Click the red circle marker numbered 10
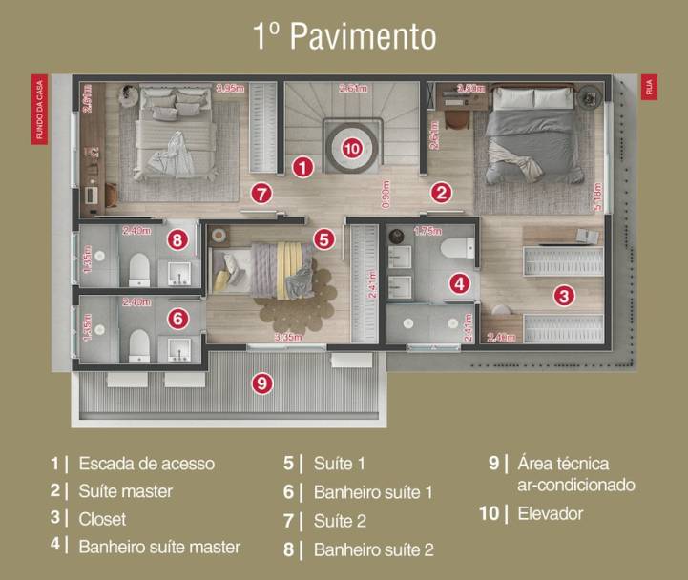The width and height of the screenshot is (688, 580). [x=352, y=148]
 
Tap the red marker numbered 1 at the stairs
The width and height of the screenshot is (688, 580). [x=302, y=167]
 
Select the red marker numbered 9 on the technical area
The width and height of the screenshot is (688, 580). [x=261, y=383]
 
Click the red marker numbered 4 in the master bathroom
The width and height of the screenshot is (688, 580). [x=460, y=282]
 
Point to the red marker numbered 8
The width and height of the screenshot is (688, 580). [x=177, y=239]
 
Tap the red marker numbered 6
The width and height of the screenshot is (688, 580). [x=177, y=318]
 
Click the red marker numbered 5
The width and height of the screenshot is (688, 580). [x=324, y=239]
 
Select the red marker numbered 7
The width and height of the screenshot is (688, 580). [x=262, y=194]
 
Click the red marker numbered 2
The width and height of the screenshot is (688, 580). [x=440, y=192]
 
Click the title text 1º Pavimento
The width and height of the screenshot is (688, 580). [x=344, y=36]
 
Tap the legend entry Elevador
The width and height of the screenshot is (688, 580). [x=550, y=514]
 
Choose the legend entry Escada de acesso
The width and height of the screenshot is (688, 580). [x=146, y=464]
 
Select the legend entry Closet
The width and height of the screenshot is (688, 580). [x=102, y=520]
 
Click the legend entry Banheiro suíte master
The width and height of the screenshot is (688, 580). [x=159, y=548]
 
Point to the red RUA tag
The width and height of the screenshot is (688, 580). [x=649, y=88]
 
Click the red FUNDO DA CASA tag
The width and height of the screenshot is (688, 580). [x=40, y=109]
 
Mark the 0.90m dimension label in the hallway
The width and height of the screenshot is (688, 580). [x=386, y=194]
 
